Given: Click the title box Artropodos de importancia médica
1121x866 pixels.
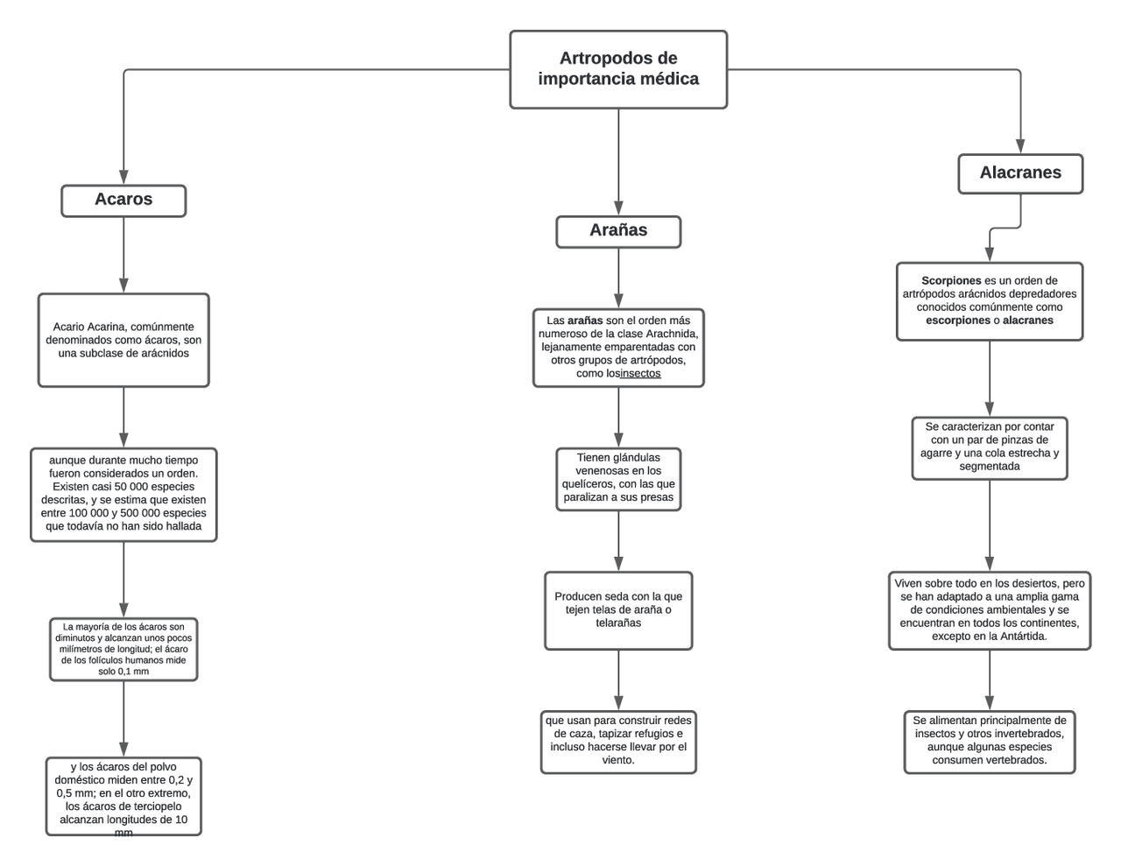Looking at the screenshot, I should tap(618, 69).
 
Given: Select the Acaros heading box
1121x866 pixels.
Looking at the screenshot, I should tap(123, 200).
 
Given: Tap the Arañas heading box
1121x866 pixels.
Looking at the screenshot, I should tap(618, 231).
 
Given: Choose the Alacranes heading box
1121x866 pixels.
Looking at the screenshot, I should tap(1020, 173).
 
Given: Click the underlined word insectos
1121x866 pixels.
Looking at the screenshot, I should tap(640, 374).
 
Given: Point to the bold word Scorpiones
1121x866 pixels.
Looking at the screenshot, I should tap(951, 281).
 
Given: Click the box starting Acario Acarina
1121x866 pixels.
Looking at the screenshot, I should tap(123, 340).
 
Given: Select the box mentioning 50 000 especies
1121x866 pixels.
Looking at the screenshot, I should tap(123, 494).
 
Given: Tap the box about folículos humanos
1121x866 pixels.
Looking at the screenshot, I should tap(123, 649).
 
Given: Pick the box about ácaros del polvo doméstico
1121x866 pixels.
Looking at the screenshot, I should tap(123, 795).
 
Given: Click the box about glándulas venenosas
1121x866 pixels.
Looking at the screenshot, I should tap(618, 478).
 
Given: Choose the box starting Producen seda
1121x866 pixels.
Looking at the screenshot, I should tap(618, 609).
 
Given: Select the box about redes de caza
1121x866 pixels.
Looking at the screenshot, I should tap(618, 741).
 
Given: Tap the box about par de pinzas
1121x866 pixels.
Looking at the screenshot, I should tap(990, 447).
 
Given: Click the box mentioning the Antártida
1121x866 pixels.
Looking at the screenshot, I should tap(990, 609).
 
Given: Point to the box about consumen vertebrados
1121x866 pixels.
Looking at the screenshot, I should tap(990, 741).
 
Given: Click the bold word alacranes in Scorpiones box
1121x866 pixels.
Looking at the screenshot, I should tap(1028, 320).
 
